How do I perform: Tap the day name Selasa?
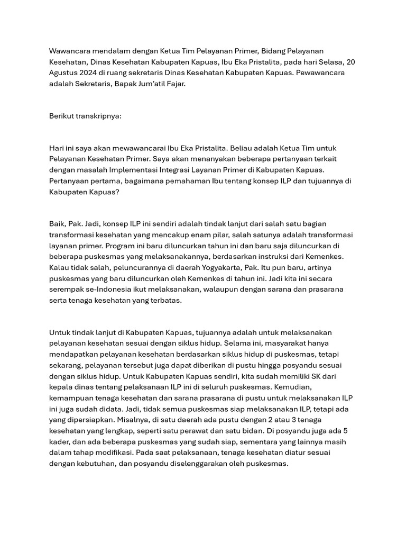(x=324, y=62)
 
